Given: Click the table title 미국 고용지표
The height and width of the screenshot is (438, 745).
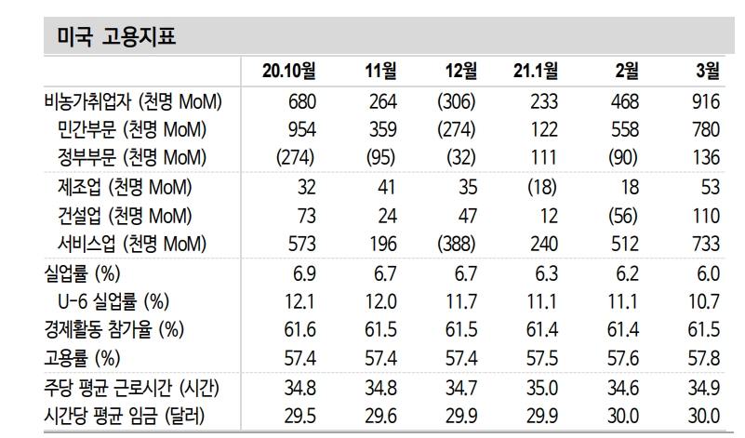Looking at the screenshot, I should coord(110,36).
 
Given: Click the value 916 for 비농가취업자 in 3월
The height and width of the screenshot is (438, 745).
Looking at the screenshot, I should coord(706,101).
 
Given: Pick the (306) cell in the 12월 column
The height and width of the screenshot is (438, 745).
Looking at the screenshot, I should coord(457,101).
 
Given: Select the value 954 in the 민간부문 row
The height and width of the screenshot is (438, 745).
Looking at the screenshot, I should coord(299,129).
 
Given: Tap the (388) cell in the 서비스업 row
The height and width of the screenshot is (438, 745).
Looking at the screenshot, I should coord(457,244).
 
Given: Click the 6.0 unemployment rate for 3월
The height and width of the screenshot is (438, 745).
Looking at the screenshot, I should coord(708,273).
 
